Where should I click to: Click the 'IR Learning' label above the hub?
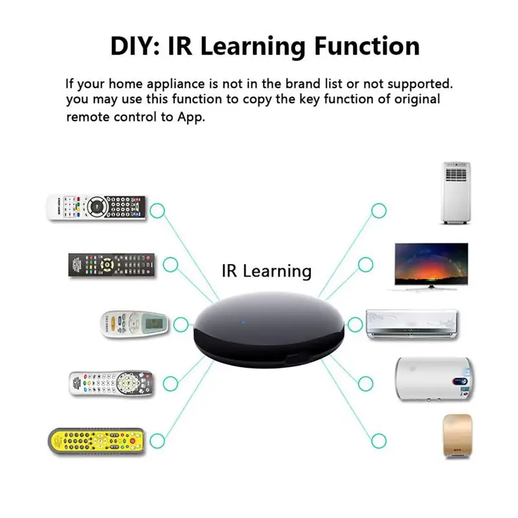[x=266, y=271]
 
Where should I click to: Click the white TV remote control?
[x=96, y=208]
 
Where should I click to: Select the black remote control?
[x=112, y=265]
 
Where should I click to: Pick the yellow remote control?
[x=97, y=440]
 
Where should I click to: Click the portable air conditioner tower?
[x=456, y=193]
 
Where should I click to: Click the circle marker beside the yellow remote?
[x=157, y=442]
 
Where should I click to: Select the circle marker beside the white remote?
[x=157, y=210]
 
